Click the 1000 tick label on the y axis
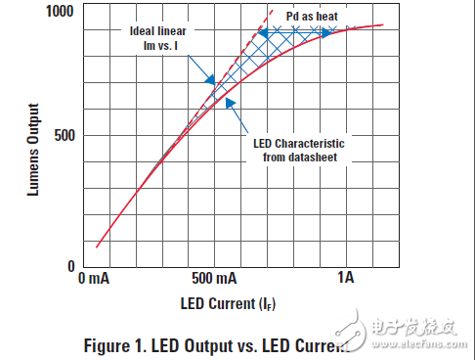coord(58,11)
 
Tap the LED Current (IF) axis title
coord(227,303)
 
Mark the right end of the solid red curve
coord(383,25)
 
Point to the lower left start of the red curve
coord(97,247)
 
